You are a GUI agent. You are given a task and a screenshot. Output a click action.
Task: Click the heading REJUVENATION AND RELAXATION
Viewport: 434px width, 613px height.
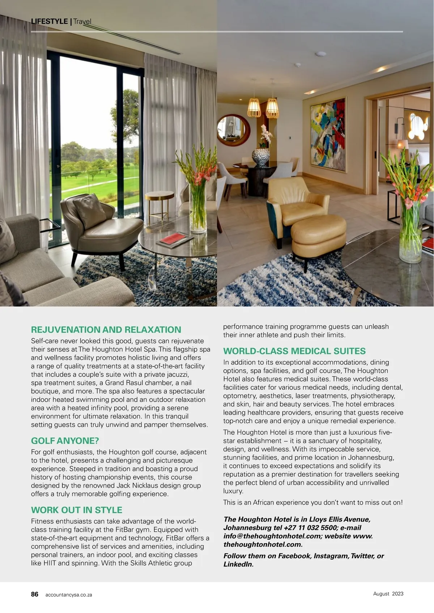coord(106,330)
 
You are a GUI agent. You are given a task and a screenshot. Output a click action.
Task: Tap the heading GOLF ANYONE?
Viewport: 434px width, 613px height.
coord(65,441)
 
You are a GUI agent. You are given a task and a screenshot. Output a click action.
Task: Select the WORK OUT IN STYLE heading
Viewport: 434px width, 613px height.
coord(77,510)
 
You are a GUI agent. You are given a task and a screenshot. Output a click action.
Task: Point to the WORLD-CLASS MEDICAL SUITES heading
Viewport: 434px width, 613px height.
coord(294,351)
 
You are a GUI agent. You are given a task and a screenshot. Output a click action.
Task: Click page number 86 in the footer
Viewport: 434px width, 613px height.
coord(35,594)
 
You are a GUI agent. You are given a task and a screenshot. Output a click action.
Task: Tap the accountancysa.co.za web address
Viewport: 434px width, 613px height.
coord(69,595)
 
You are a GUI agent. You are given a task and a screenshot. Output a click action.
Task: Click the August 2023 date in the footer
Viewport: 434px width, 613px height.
coord(388,593)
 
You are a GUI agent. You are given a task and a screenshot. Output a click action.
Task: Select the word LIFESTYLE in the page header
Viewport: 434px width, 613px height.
coord(50,21)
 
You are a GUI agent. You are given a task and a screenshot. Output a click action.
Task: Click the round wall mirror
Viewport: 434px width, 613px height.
coord(233,130)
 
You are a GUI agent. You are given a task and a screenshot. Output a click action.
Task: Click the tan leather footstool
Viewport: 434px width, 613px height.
coord(318,237)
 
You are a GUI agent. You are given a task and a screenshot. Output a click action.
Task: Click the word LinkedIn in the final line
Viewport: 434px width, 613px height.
coord(238,564)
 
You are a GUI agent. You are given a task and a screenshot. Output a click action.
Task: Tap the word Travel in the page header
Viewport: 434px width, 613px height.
coord(82,21)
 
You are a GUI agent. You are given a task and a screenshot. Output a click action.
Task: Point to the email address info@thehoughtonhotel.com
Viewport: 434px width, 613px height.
coord(272,536)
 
